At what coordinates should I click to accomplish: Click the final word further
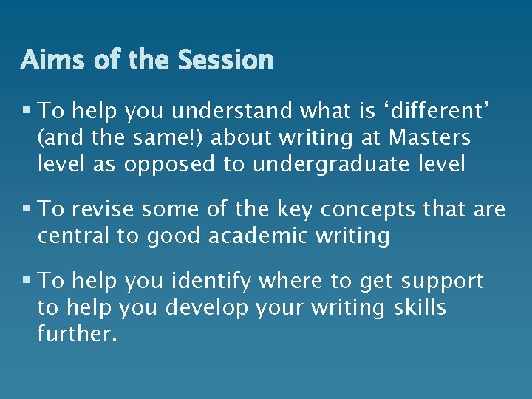pos(77,333)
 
